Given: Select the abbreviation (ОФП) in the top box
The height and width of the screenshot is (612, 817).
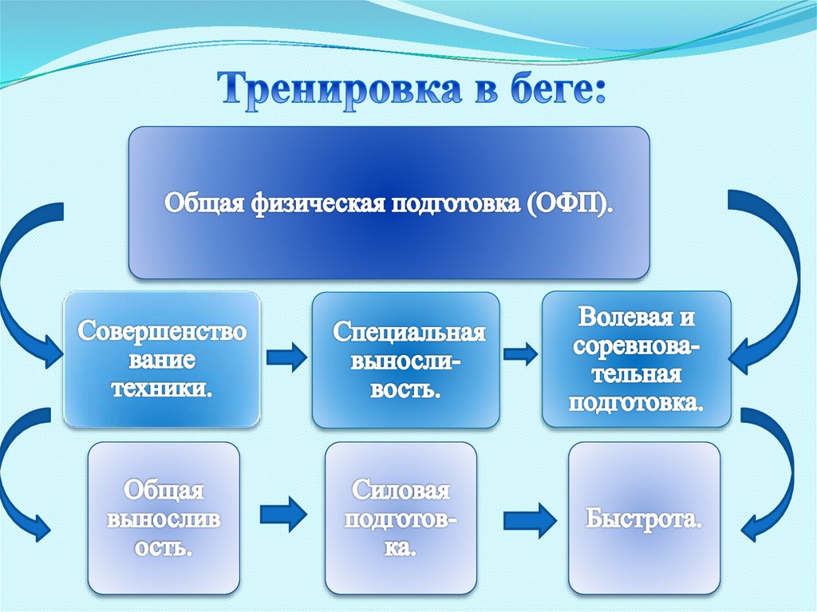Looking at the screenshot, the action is (x=569, y=203).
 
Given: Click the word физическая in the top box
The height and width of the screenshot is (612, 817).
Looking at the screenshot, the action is (x=315, y=203).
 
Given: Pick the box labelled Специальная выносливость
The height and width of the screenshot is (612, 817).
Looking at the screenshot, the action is (x=405, y=359).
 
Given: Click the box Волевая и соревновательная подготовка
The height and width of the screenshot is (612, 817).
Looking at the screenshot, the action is (x=636, y=358).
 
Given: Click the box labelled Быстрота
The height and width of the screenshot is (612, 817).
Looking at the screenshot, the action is (x=644, y=519).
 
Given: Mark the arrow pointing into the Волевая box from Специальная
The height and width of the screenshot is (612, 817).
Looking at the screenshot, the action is (x=520, y=352).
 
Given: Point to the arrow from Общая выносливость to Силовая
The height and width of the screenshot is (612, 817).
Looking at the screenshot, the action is (x=283, y=512).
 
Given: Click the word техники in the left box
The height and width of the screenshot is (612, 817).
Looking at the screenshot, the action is (x=162, y=389).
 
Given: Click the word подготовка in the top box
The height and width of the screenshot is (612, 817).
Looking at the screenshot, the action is (x=452, y=203).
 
